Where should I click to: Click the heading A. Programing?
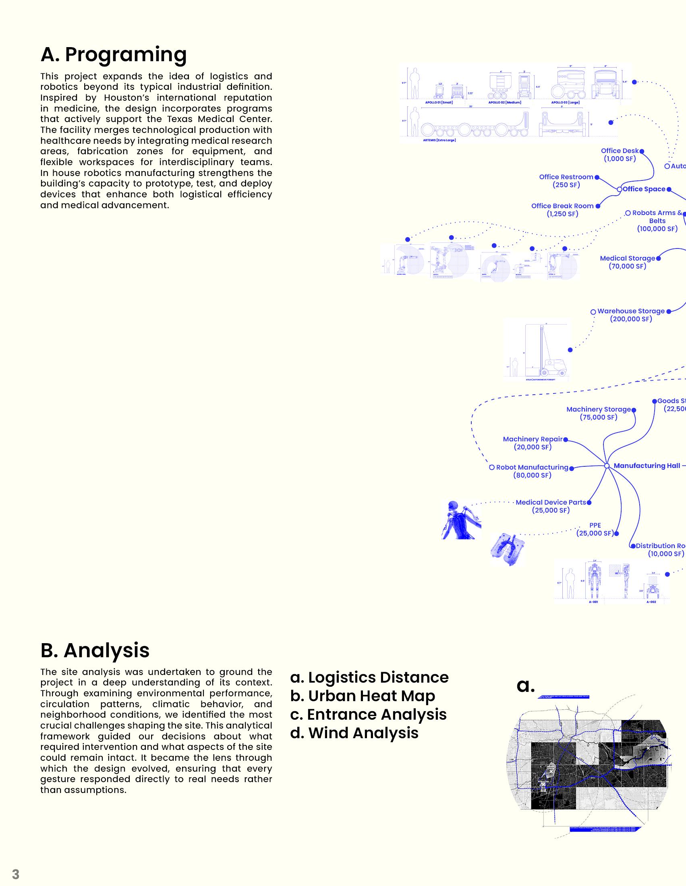(x=114, y=54)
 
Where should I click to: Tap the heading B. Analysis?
(x=95, y=650)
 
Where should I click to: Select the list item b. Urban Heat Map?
(x=362, y=696)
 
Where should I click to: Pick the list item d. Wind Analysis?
(x=354, y=733)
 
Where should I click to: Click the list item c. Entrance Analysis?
(x=368, y=714)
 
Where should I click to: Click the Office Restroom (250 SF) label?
(x=566, y=181)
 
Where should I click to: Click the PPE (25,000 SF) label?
(x=595, y=529)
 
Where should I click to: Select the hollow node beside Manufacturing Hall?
(x=607, y=466)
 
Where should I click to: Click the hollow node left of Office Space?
(x=619, y=189)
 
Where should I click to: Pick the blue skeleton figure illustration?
(x=461, y=520)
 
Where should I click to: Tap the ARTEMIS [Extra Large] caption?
(x=439, y=141)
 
